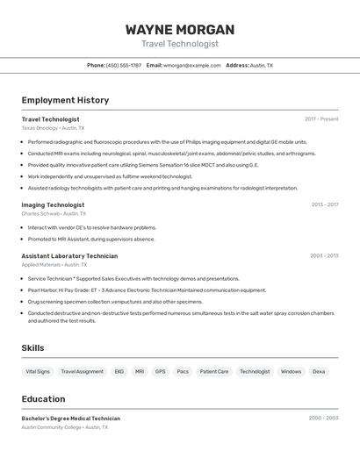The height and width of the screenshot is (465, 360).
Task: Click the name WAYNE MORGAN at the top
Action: pos(180,29)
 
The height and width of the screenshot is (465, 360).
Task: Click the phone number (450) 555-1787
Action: pos(124,65)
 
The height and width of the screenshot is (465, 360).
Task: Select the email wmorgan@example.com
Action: pos(191,65)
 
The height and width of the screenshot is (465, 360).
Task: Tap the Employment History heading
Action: pos(65,100)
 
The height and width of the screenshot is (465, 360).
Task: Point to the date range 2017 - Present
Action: pos(321,118)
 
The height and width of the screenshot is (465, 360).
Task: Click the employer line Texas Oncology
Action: pos(53,128)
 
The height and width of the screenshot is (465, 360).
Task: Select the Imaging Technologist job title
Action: pos(53,204)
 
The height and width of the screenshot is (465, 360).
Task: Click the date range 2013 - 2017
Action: pos(324,204)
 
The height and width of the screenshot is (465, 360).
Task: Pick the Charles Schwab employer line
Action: pos(53,214)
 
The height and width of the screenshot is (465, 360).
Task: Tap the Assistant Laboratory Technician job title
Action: pos(69,256)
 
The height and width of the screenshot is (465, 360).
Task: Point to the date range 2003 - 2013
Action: pos(323,256)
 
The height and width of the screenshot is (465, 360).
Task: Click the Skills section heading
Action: pos(33,348)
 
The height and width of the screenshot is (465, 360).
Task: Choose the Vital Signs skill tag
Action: pos(38,371)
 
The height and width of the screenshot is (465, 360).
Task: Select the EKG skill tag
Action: pos(119,371)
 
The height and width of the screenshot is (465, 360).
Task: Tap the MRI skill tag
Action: pos(140,371)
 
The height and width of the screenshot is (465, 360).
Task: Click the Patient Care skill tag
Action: pos(214,371)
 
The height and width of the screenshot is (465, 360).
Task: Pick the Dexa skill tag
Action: pos(319,371)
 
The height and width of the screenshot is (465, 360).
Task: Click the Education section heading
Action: pos(43,398)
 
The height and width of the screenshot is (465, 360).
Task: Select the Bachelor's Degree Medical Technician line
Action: pos(71,418)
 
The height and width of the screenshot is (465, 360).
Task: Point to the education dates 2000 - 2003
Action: pos(323,418)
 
